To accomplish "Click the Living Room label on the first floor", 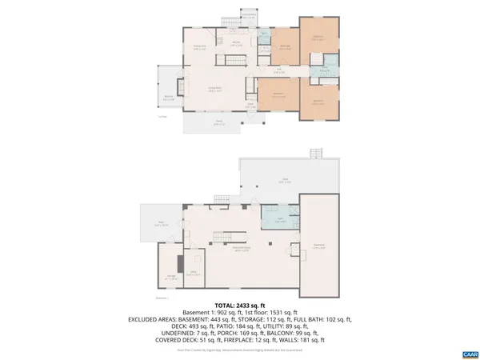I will [215, 90].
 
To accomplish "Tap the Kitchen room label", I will [237, 43].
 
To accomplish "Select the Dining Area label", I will [201, 47].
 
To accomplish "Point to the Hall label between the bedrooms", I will [281, 70].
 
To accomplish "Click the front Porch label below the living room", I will [218, 122].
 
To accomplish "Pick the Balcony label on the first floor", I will [169, 98].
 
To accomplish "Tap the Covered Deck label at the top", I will [249, 15].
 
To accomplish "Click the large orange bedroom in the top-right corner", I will [318, 38].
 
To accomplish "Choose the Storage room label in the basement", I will [170, 278].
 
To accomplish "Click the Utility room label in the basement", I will [194, 274].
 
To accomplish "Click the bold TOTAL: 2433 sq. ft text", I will [239, 305].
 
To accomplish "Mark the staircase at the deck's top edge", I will [316, 154].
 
